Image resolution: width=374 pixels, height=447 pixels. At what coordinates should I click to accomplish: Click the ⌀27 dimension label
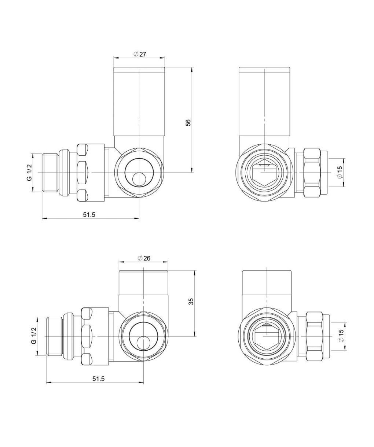click(139, 54)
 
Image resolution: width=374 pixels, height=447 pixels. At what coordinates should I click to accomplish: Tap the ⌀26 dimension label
click(144, 258)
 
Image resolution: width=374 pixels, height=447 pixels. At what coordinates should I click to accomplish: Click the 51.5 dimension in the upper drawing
click(89, 214)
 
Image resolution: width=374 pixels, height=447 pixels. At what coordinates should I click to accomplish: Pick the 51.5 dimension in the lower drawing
click(99, 379)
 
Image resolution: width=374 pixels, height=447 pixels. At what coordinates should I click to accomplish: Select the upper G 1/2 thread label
click(29, 173)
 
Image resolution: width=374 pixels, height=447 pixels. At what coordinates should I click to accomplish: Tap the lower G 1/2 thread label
click(34, 336)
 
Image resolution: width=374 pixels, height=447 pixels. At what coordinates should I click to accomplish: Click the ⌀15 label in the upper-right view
click(340, 172)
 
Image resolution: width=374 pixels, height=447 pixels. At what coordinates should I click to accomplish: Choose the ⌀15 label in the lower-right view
click(341, 336)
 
